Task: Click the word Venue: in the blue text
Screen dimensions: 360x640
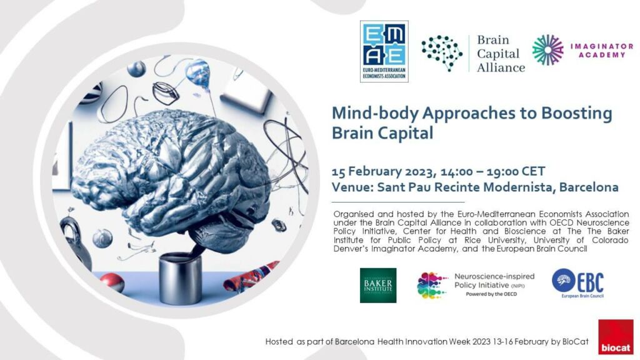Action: pyautogui.click(x=355, y=187)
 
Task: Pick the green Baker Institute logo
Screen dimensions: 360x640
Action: pyautogui.click(x=377, y=285)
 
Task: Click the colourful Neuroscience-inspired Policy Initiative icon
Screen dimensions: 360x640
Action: pyautogui.click(x=432, y=285)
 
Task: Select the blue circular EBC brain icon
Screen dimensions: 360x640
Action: pyautogui.click(x=563, y=280)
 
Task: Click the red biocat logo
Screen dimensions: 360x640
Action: pyautogui.click(x=615, y=337)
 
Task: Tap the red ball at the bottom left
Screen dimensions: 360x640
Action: pyautogui.click(x=112, y=282)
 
